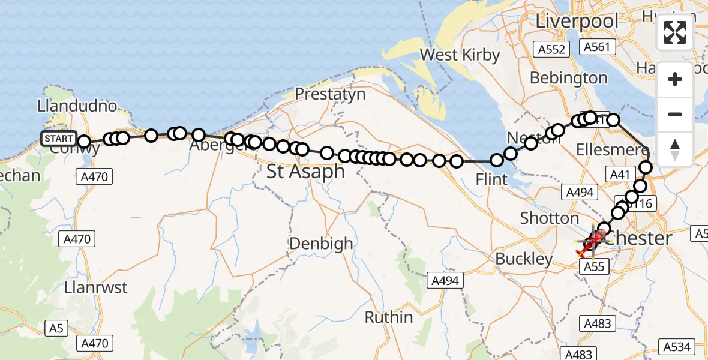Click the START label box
click(59, 139)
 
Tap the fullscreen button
click(675, 32)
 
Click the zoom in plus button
click(675, 79)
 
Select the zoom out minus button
click(675, 114)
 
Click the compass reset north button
click(675, 149)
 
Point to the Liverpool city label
click(577, 21)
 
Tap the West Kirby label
click(460, 55)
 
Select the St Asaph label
click(306, 172)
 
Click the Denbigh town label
click(321, 244)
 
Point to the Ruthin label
click(389, 317)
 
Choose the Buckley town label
click(524, 259)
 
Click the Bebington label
click(569, 78)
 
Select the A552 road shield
click(552, 49)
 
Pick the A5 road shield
click(56, 328)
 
